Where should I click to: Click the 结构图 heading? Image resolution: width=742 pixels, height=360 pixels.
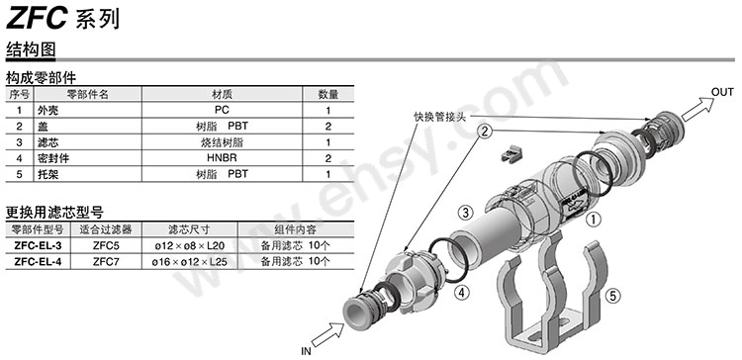tap(30, 48)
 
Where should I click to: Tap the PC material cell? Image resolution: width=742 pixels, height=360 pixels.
tap(222, 111)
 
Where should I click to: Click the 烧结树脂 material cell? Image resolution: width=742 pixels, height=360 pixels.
tap(222, 142)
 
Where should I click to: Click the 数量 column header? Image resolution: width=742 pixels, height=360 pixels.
tap(327, 95)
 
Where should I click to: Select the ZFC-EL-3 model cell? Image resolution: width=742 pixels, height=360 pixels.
tap(38, 244)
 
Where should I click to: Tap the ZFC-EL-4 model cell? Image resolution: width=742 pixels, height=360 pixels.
tap(38, 261)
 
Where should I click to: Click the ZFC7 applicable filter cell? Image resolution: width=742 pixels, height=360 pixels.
tap(106, 261)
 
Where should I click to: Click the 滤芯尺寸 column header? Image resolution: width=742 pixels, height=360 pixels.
tap(188, 228)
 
